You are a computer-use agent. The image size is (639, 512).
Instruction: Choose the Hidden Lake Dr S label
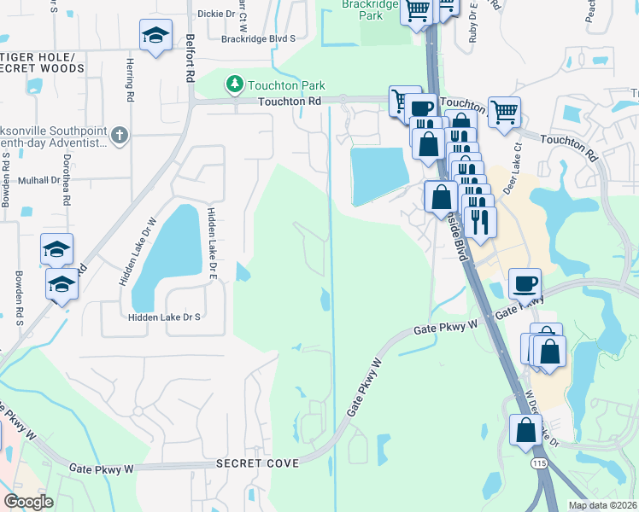(x=163, y=317)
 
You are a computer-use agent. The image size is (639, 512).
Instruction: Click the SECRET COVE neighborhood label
(x=257, y=463)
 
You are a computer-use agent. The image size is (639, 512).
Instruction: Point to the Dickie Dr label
(x=215, y=14)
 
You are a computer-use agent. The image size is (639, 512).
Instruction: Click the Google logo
(x=28, y=502)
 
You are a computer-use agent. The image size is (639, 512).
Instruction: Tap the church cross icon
(x=119, y=134)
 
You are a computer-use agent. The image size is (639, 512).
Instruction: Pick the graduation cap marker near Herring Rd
(x=155, y=36)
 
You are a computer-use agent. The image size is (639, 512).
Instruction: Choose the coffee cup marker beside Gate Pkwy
(x=525, y=282)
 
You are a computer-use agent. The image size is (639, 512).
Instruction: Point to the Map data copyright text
(x=601, y=505)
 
